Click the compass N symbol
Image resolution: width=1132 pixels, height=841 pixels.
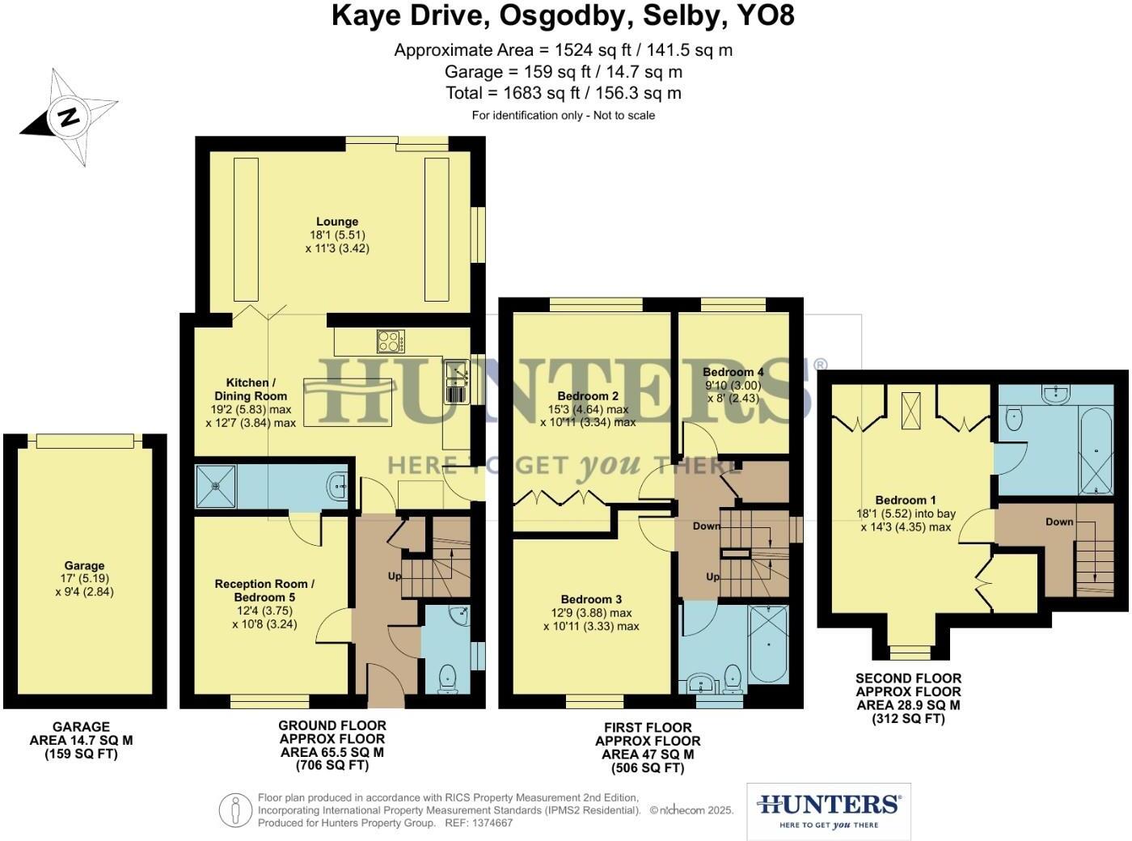[69, 117]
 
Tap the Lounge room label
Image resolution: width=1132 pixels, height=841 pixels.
[337, 222]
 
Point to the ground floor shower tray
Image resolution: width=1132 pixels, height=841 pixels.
[215, 486]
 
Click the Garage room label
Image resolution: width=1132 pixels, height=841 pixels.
[84, 566]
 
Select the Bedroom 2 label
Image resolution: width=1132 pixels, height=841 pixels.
[588, 396]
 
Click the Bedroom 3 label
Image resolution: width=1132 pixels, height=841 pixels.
[591, 599]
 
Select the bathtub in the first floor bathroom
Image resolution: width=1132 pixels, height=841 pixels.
[768, 644]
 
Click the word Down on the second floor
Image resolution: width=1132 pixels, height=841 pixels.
[1059, 522]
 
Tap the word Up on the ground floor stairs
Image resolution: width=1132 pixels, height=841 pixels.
[395, 577]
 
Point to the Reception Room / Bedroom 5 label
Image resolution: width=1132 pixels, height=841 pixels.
[264, 590]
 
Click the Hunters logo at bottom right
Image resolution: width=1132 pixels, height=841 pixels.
[828, 811]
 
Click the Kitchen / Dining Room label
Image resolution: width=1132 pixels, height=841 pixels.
[251, 389]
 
